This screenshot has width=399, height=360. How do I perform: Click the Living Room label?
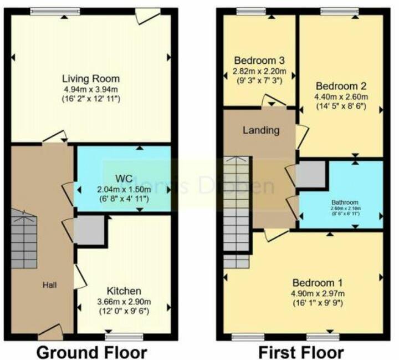point(91,78)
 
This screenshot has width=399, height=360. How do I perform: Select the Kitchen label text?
point(124,291)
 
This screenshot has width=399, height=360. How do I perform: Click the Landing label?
point(260,130)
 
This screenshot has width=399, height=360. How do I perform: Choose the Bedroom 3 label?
point(259,60)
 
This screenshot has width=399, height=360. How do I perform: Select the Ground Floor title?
point(91,352)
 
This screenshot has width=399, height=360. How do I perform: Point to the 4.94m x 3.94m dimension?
point(91,89)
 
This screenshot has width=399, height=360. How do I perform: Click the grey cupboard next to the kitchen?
point(90,231)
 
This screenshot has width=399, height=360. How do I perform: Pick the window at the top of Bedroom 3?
point(252,11)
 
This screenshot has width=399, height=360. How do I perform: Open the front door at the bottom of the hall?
point(51,333)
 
